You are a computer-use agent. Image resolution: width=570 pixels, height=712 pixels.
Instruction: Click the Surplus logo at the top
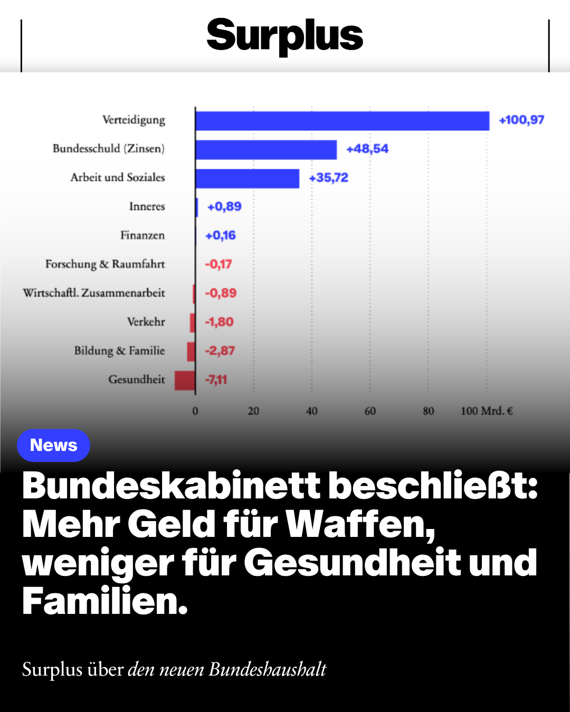tap(285, 36)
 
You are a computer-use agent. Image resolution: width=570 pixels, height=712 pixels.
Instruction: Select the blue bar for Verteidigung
tap(343, 121)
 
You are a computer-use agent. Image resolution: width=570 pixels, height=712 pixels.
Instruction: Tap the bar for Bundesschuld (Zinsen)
tap(267, 150)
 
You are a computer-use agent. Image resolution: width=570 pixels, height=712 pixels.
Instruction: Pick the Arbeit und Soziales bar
tap(248, 179)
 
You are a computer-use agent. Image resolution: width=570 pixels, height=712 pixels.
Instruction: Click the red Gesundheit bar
tap(185, 380)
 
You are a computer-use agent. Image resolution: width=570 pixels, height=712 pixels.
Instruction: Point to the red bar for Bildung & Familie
tap(191, 352)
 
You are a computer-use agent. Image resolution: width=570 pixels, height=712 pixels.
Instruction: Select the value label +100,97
tap(521, 120)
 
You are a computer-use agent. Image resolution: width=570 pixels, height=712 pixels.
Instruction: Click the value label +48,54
tap(367, 149)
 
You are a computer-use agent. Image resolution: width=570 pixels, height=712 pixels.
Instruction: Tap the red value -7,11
tap(216, 380)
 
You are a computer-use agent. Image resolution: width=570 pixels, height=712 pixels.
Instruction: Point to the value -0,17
tap(218, 264)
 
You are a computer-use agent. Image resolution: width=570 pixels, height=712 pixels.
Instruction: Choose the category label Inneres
tap(147, 206)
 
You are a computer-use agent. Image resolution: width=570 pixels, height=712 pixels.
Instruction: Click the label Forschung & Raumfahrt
tap(105, 264)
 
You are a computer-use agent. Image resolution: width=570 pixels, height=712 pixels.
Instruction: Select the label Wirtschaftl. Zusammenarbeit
tap(94, 293)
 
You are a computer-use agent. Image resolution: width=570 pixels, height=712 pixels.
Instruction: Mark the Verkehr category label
tap(146, 322)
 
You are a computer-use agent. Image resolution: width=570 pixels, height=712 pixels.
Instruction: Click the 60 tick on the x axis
tap(370, 411)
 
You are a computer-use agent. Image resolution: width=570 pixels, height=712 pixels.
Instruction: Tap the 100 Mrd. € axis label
tap(487, 411)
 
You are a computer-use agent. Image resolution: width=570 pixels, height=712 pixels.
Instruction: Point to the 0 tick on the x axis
tap(195, 411)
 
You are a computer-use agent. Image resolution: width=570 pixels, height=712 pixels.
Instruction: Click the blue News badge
tap(53, 445)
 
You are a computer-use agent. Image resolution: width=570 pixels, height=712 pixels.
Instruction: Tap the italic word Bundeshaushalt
tap(268, 669)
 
